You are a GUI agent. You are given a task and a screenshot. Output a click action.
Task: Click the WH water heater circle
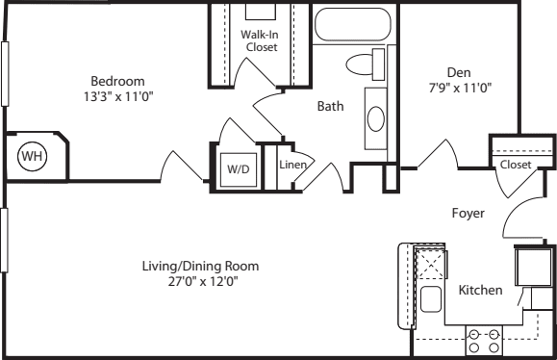pos(33,156)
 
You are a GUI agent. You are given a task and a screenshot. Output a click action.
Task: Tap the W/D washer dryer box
pos(239,169)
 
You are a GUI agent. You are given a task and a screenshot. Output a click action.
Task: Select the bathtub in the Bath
pos(353,24)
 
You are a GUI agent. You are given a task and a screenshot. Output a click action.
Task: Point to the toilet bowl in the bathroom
pos(360,64)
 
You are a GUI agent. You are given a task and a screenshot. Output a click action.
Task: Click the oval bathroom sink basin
pos(375,118)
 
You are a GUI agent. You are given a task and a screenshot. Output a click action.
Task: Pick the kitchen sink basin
pos(431,299)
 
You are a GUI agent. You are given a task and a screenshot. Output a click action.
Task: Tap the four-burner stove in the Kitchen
pos(484,341)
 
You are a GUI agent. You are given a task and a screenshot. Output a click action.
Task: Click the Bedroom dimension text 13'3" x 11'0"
pos(118,96)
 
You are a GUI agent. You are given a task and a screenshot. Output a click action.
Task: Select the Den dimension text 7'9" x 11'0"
pos(460,88)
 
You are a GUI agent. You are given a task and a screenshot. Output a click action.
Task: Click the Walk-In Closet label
pos(261,40)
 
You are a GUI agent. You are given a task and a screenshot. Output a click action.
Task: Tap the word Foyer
pos(468,214)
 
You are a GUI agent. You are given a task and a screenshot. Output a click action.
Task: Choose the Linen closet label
pos(293,165)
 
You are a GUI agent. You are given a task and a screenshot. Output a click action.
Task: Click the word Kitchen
pos(481,290)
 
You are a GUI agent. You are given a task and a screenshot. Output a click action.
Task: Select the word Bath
pos(330,106)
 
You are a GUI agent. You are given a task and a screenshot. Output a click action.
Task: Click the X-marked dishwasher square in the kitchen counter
pos(431,265)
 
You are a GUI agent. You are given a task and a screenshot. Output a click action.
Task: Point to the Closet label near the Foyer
pos(516,165)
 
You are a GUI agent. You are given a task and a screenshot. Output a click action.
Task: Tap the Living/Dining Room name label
pos(200,267)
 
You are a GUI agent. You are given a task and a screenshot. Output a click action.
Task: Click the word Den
pos(459,72)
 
